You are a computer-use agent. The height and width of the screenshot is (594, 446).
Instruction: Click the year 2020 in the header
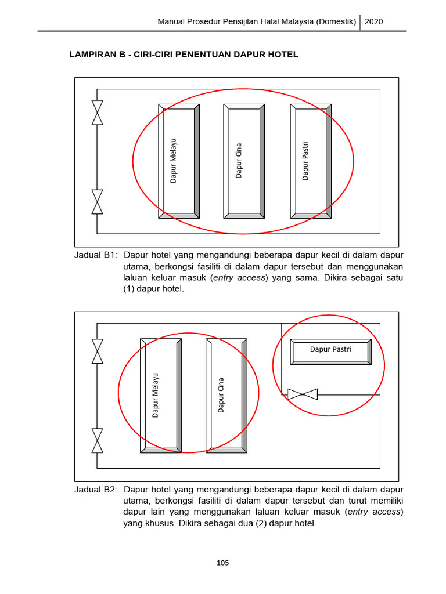click(373, 21)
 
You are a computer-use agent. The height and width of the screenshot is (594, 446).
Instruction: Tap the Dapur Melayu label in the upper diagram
click(173, 161)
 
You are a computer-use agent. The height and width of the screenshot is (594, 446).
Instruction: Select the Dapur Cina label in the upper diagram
click(239, 161)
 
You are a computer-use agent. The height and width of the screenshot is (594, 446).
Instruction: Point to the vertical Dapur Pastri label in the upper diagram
click(305, 161)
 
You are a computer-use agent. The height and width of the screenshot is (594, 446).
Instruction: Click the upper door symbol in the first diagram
click(98, 112)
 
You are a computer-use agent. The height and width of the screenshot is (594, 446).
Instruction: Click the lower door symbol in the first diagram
click(98, 201)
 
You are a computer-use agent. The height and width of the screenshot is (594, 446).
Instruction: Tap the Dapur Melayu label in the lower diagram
click(156, 394)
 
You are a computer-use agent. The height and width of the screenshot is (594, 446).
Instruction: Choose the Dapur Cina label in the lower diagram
click(221, 395)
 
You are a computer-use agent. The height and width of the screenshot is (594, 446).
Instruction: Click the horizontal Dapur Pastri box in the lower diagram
click(330, 349)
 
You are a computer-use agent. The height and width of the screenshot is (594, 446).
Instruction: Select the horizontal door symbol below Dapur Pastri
click(303, 394)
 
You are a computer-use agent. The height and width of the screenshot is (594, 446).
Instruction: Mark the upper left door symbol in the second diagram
click(98, 351)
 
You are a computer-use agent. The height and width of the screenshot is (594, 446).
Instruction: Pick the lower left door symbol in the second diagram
click(98, 440)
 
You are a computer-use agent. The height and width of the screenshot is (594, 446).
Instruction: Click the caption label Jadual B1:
click(96, 255)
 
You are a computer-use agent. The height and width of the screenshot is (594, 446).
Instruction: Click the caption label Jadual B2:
click(96, 489)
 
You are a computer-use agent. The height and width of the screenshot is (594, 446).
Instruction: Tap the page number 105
click(223, 563)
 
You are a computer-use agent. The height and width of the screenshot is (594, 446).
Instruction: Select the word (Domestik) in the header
click(336, 21)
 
